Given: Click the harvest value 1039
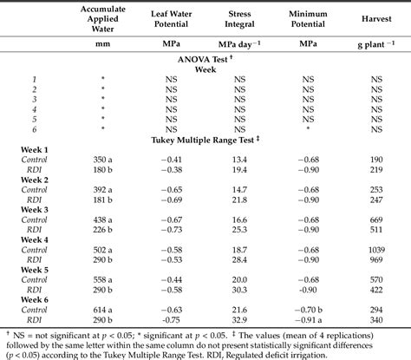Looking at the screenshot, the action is (376, 225).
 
